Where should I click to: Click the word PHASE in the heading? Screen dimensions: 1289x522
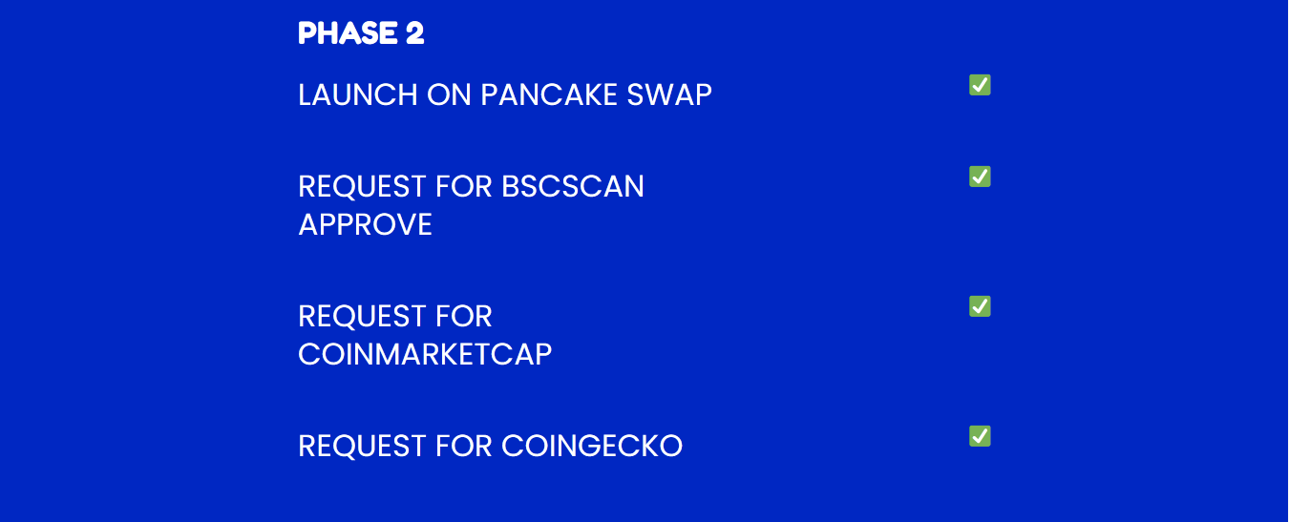348,32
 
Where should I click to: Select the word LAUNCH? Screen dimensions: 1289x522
358,94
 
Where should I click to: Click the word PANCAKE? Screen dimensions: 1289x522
549,94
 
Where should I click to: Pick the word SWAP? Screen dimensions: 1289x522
669,94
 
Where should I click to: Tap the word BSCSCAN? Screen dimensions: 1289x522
573,187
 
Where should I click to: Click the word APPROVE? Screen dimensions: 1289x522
365,224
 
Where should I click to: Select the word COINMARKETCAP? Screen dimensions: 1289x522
425,354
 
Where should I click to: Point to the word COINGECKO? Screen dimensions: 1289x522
592,446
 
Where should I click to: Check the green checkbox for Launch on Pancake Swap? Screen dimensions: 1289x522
980,85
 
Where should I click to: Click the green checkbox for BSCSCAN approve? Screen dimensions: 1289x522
980,177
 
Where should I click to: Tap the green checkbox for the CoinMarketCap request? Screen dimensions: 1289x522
980,306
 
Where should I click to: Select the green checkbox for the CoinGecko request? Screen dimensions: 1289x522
980,436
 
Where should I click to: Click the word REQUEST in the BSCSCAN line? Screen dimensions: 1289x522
362,187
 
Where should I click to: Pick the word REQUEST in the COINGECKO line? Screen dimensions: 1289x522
362,447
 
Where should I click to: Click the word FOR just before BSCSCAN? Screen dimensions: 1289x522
464,187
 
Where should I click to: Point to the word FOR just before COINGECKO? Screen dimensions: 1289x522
464,446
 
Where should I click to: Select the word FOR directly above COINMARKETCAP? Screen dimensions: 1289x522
464,317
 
